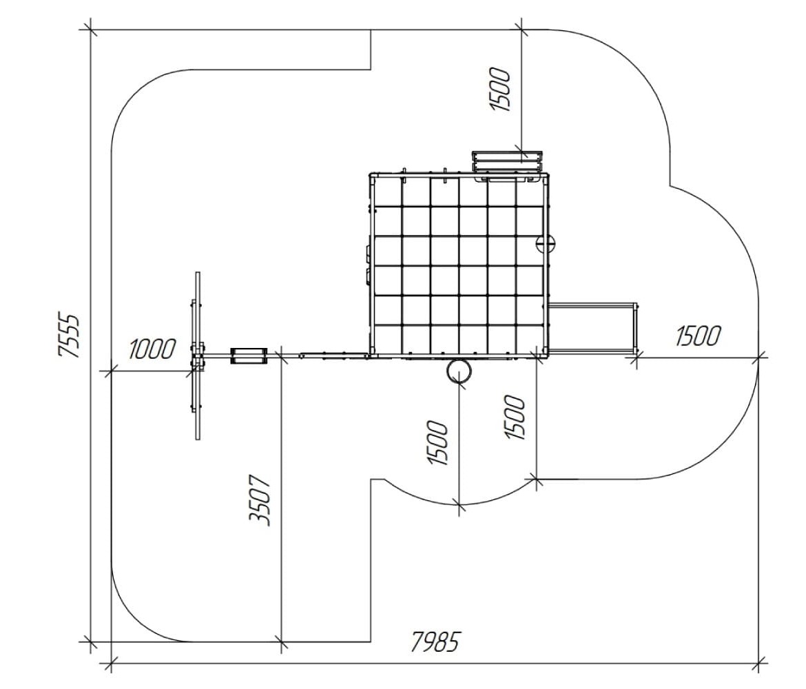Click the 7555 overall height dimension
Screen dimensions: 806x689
click(70, 335)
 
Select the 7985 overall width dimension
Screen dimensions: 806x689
click(435, 641)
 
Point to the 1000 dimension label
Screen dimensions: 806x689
click(152, 349)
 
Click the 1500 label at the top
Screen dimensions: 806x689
click(500, 90)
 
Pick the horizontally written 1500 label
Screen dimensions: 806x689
click(698, 336)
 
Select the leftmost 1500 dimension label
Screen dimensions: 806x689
click(438, 443)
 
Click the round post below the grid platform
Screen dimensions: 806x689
click(458, 371)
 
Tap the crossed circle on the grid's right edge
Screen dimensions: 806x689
click(546, 243)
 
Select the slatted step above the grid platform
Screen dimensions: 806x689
click(507, 161)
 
